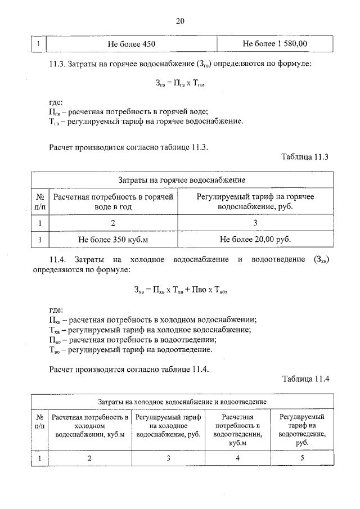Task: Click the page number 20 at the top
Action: click(180, 21)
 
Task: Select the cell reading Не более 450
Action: click(132, 43)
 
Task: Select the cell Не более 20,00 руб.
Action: click(255, 239)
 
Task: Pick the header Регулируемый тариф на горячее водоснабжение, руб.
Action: click(255, 201)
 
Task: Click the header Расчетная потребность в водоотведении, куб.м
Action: click(238, 430)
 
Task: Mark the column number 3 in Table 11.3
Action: click(255, 223)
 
